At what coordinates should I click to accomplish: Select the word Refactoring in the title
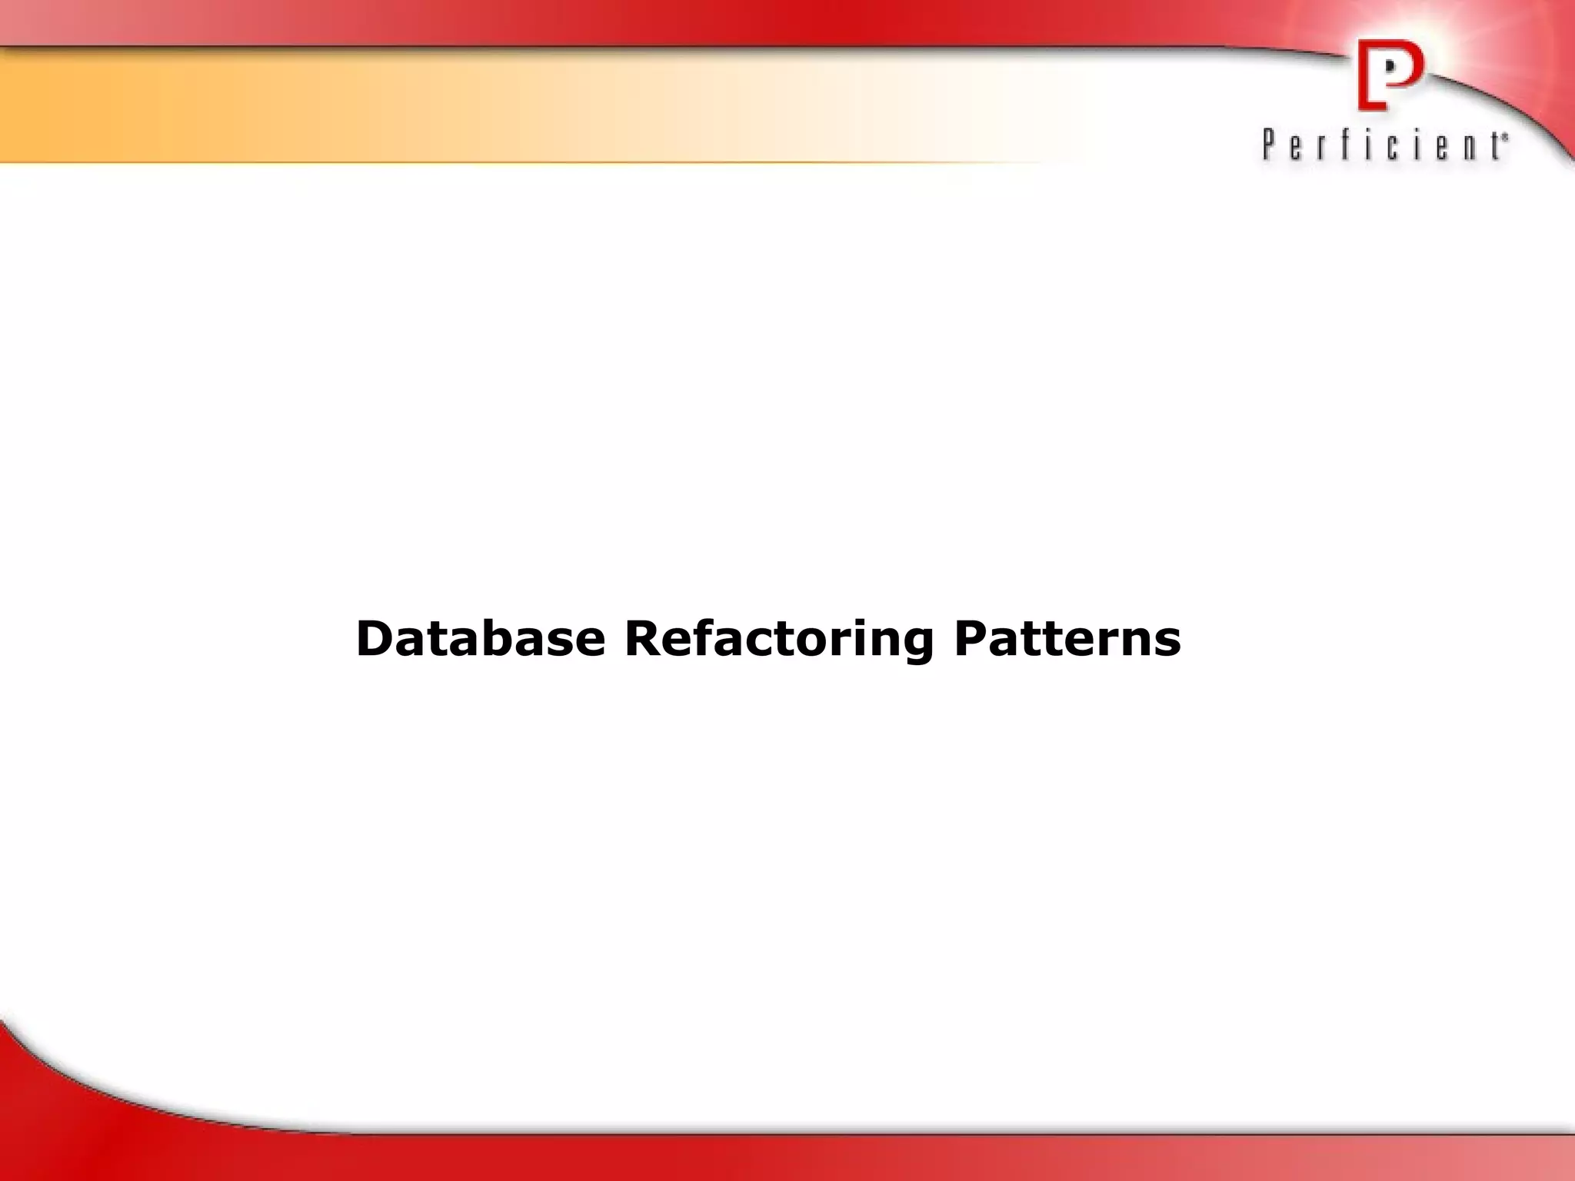click(779, 640)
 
